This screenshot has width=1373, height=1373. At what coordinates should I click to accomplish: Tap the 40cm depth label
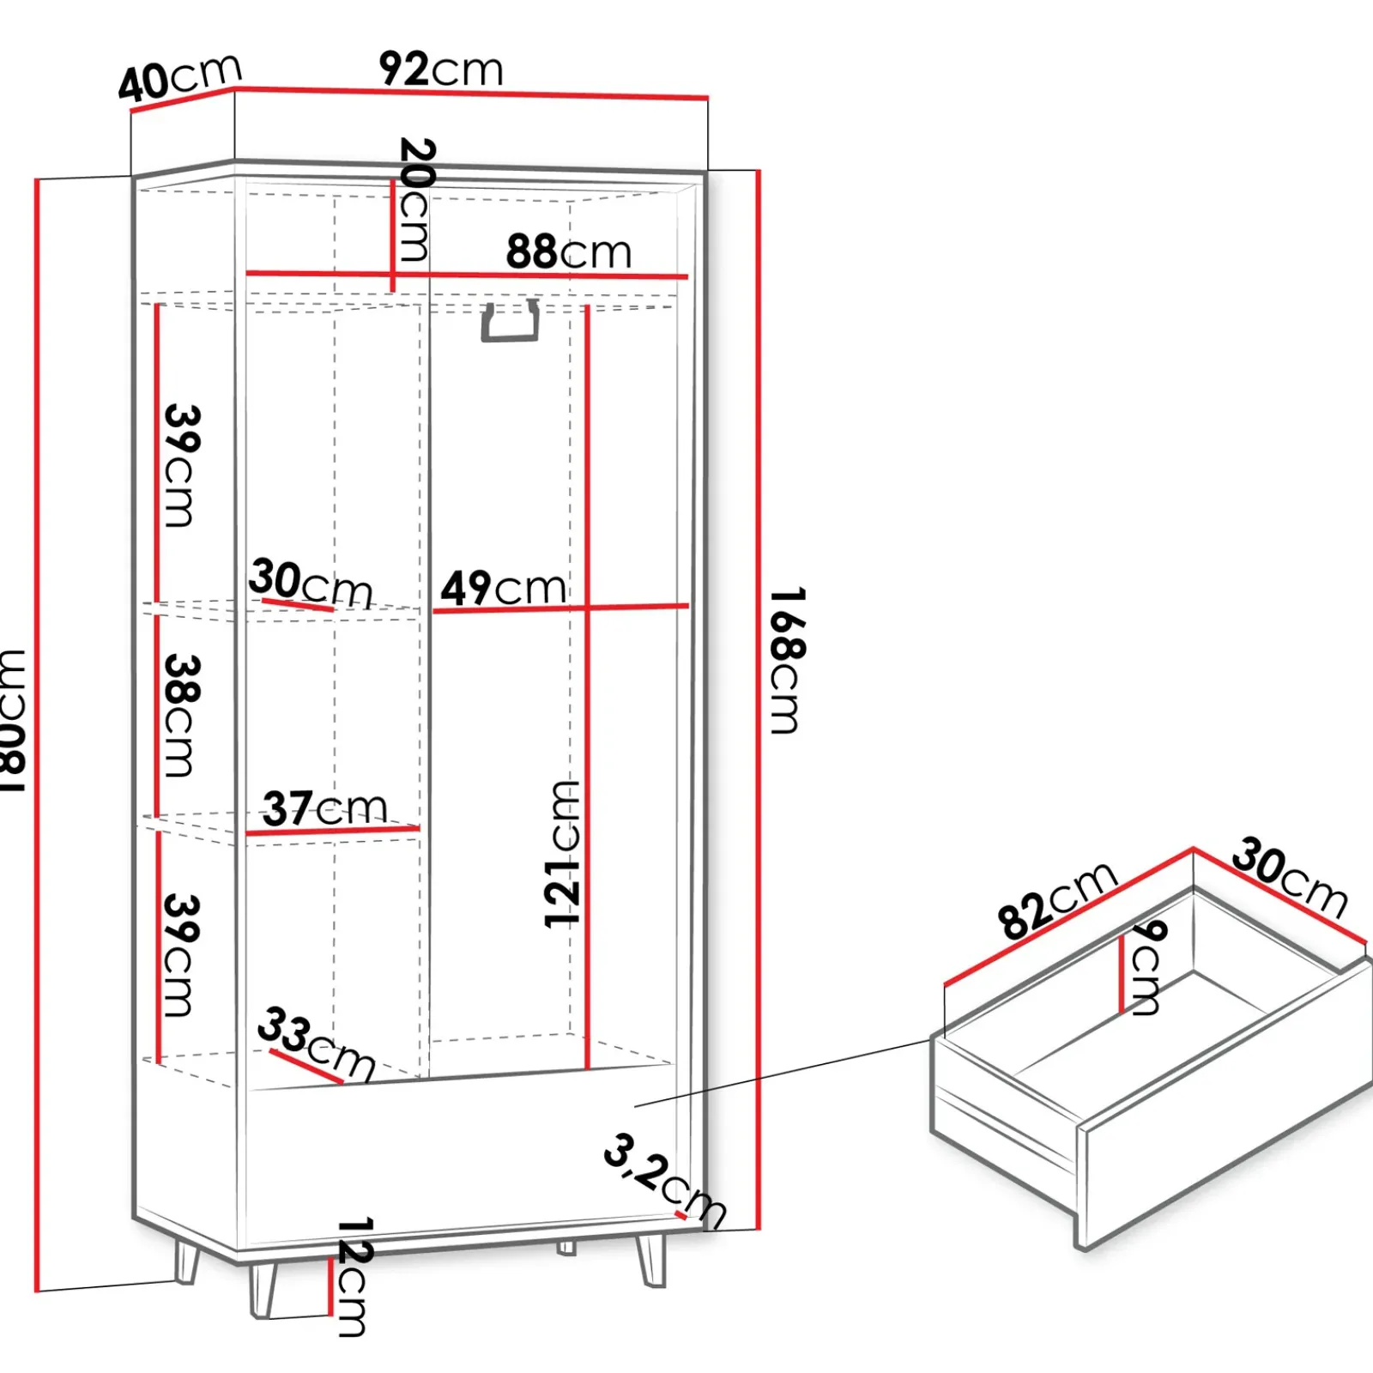tap(180, 78)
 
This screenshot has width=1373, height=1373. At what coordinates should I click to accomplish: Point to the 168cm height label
tap(786, 660)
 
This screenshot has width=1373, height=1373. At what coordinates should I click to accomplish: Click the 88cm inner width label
tap(568, 251)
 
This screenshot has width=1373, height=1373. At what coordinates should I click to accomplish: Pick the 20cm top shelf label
tap(416, 199)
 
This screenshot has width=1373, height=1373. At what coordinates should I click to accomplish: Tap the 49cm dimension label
tap(503, 589)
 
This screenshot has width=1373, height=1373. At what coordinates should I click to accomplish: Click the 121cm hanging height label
tap(563, 854)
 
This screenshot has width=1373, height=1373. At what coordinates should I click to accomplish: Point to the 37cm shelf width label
tap(324, 808)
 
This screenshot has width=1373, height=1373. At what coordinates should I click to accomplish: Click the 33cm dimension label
tap(317, 1043)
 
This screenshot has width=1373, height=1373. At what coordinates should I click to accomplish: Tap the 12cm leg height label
tap(353, 1276)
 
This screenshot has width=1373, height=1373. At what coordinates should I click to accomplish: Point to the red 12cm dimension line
tap(330, 1286)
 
